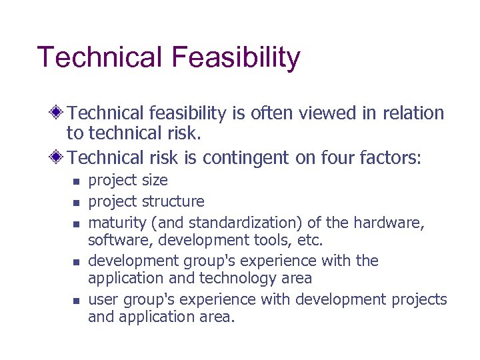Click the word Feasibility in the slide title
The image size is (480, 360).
[x=235, y=58]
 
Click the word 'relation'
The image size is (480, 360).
[x=413, y=114]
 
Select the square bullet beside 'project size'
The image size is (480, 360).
[x=76, y=181]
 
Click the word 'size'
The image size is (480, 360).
[x=155, y=181]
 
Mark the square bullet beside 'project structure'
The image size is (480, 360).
[x=76, y=202]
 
